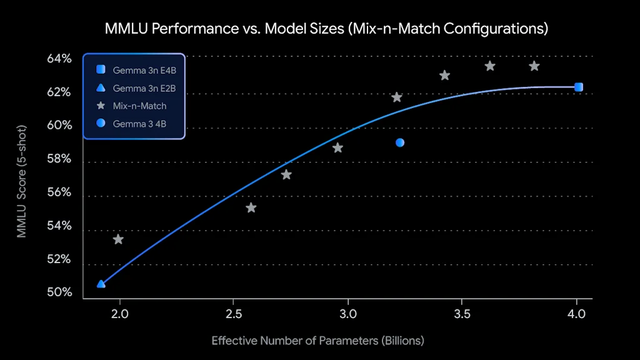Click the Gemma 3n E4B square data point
[578, 87]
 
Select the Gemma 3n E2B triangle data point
[101, 284]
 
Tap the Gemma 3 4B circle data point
[400, 142]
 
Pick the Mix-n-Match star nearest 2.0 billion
[118, 239]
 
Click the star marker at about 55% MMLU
[251, 207]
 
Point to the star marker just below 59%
[337, 148]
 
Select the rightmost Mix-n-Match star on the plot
[534, 66]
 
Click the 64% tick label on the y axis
[59, 59]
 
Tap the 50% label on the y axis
[59, 292]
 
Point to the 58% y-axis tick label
[59, 159]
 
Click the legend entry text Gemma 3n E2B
[144, 89]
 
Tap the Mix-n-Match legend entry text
[140, 106]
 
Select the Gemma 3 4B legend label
[139, 124]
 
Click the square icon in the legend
[101, 70]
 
